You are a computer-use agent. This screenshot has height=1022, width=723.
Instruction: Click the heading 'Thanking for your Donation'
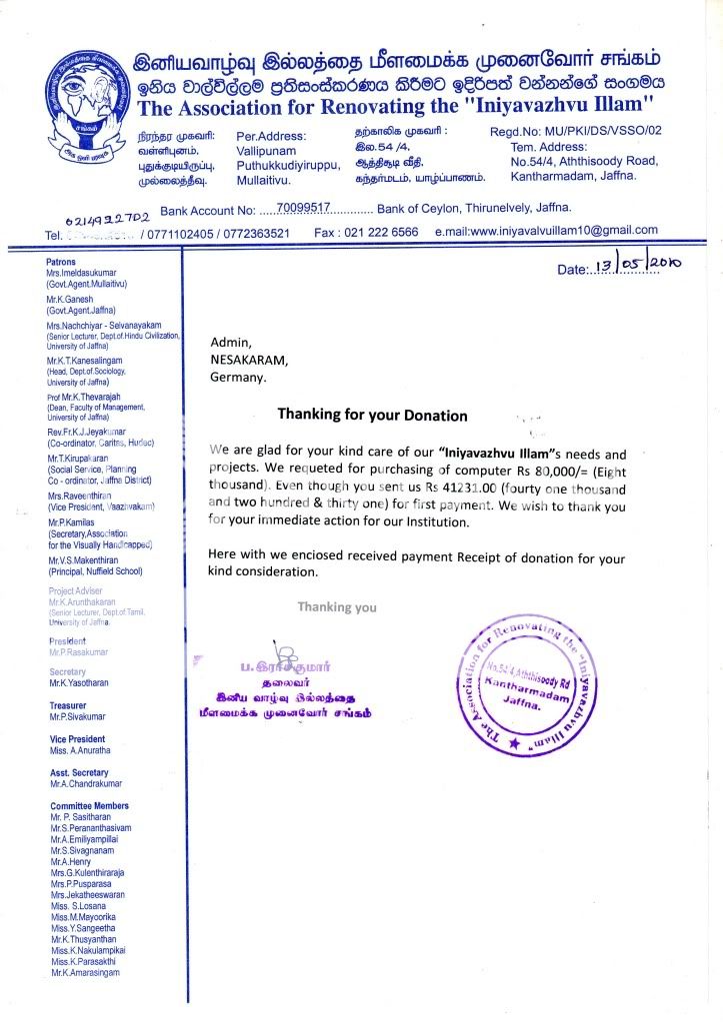tap(372, 415)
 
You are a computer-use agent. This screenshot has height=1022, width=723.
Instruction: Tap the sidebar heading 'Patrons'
tap(62, 261)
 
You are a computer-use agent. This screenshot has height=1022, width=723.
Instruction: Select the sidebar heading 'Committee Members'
tap(89, 805)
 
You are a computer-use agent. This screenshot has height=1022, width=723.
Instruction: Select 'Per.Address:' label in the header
tap(270, 134)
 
